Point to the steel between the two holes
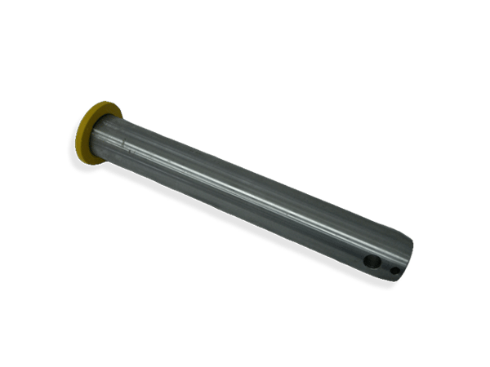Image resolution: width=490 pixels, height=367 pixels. [385, 266]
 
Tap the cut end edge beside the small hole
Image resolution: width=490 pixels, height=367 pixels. [406, 265]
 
